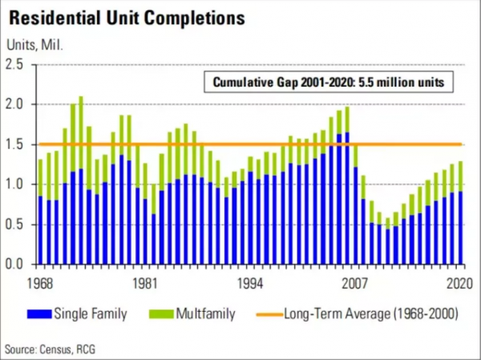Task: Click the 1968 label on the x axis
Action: tap(39, 282)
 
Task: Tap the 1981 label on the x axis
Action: tap(144, 282)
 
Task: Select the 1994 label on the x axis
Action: tap(250, 282)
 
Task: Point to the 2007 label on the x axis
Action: tap(355, 282)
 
